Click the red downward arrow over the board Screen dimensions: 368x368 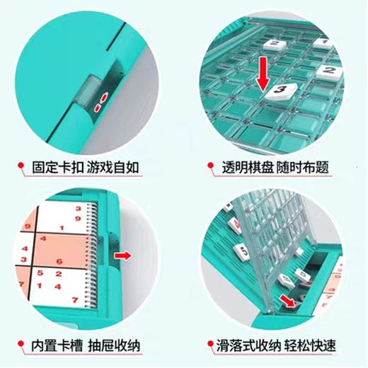point(263,74)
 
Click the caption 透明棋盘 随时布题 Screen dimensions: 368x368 point(280,168)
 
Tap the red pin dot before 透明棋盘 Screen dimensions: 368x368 point(209,168)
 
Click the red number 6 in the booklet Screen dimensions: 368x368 point(59,263)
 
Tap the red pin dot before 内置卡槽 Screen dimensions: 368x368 point(21,347)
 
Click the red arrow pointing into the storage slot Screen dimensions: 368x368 point(287,301)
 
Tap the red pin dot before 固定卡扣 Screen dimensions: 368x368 point(21,168)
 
